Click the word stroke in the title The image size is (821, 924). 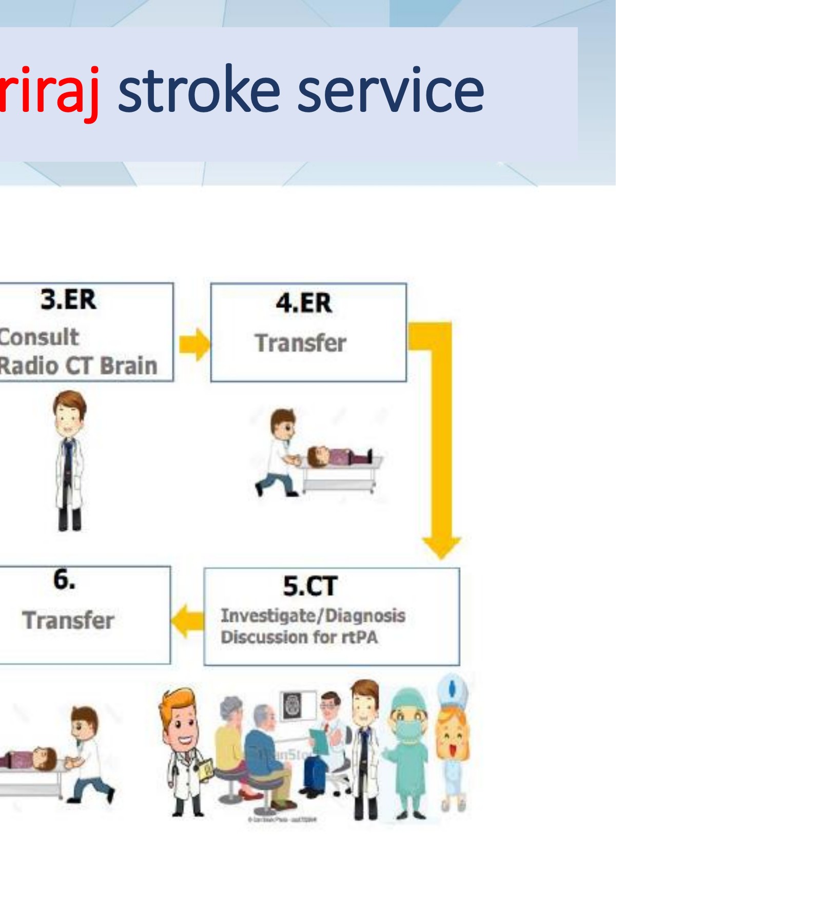tap(199, 91)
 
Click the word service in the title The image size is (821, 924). tap(390, 91)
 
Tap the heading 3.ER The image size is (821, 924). tap(68, 299)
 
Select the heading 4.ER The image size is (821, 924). tap(304, 302)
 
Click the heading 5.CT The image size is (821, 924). tap(310, 586)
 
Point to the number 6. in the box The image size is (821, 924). tap(64, 580)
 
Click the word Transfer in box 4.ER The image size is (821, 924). tap(301, 343)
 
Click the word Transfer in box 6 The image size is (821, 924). tap(68, 620)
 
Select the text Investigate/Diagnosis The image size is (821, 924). tap(313, 615)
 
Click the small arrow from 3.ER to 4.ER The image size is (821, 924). tap(194, 343)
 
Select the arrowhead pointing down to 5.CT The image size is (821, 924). tap(441, 546)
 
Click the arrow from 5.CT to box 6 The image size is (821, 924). tap(187, 621)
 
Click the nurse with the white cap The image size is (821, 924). tap(452, 739)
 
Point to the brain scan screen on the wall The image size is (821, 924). tap(297, 706)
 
